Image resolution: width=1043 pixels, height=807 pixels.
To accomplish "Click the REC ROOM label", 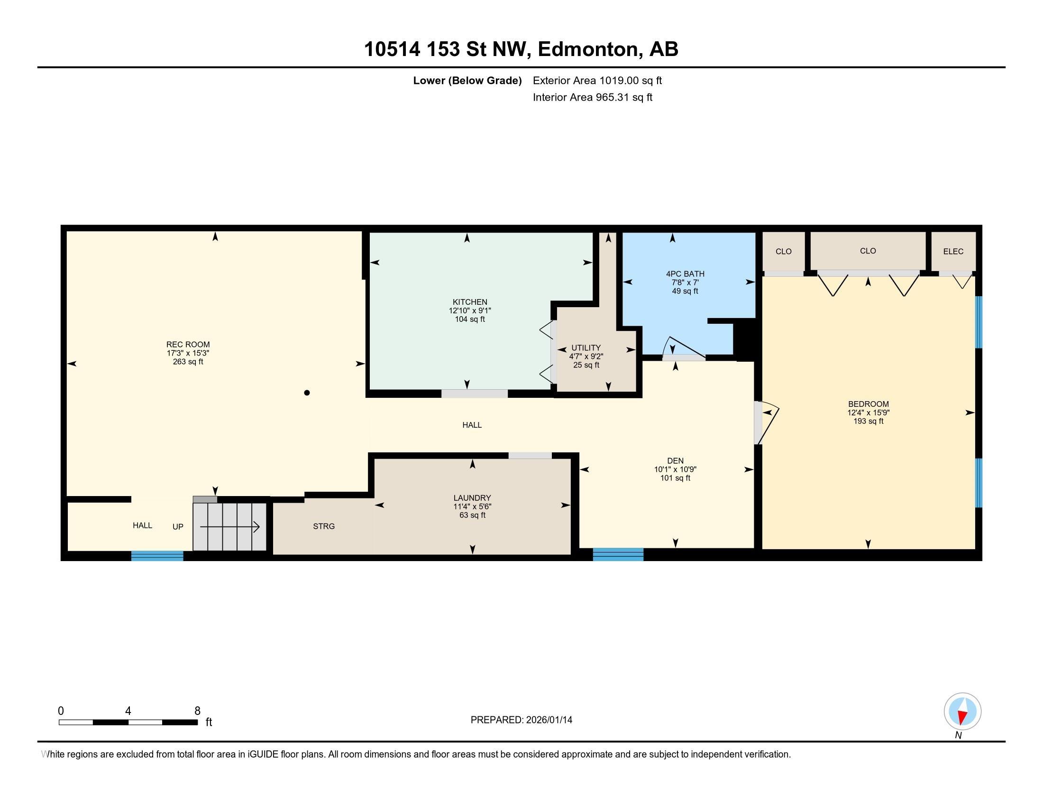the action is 188,344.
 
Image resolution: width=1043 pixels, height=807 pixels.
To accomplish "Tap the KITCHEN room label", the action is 470,302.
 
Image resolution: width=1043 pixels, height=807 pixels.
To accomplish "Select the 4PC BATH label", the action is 685,274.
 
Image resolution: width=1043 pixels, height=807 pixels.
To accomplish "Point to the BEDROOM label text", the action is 868,404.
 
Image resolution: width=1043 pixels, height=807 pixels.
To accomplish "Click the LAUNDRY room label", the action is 472,497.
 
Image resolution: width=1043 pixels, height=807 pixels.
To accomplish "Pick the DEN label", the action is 675,461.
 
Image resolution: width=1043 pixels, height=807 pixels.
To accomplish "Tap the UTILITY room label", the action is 586,348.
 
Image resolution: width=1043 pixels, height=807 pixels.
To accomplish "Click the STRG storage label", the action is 324,526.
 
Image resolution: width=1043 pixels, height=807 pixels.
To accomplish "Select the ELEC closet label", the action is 953,252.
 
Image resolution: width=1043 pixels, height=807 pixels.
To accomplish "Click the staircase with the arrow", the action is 229,527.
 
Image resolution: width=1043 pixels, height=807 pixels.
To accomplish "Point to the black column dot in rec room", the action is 307,393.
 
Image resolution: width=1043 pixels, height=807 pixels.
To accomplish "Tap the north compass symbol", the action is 962,712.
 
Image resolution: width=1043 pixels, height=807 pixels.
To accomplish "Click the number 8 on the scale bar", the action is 197,711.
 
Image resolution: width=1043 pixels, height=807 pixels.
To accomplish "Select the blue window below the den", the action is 618,554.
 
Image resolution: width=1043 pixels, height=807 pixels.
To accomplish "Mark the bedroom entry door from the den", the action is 766,423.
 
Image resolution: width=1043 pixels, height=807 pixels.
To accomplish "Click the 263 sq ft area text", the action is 188,362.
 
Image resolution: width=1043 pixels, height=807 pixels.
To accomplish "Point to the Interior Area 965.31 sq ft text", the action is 592,97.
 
